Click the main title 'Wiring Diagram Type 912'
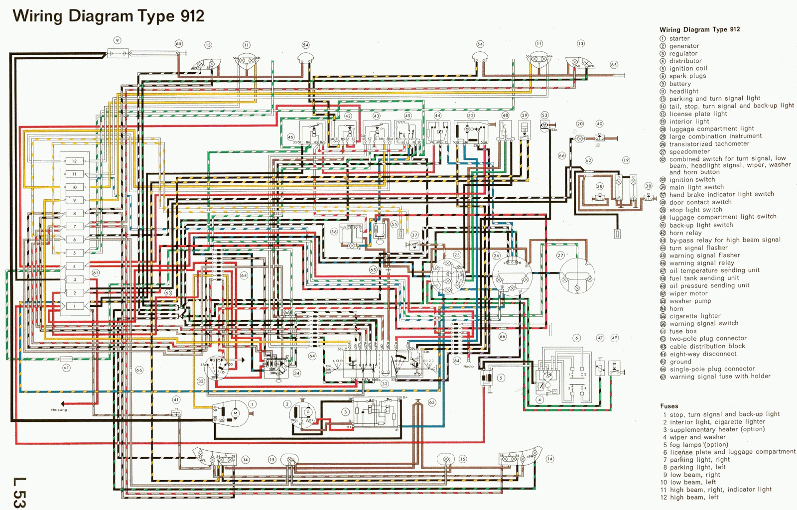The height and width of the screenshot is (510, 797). click(x=109, y=16)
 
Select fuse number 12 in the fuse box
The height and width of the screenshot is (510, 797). click(x=75, y=161)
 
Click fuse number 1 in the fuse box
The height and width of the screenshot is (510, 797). click(x=75, y=306)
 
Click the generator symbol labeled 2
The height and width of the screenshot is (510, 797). click(x=305, y=412)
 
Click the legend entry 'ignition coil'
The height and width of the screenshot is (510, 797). click(x=688, y=69)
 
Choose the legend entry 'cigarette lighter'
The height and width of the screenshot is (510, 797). click(x=695, y=316)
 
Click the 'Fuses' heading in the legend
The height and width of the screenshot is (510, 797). click(x=669, y=406)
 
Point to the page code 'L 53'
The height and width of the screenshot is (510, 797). click(x=19, y=493)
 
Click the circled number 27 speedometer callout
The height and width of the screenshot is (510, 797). click(x=561, y=255)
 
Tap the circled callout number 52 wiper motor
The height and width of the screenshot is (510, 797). click(x=471, y=116)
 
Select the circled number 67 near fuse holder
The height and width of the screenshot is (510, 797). click(x=66, y=368)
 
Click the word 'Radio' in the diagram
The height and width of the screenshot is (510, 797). click(x=469, y=367)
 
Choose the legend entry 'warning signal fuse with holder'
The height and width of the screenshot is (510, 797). click(x=720, y=377)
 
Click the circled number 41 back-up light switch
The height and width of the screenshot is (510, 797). click(x=176, y=399)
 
